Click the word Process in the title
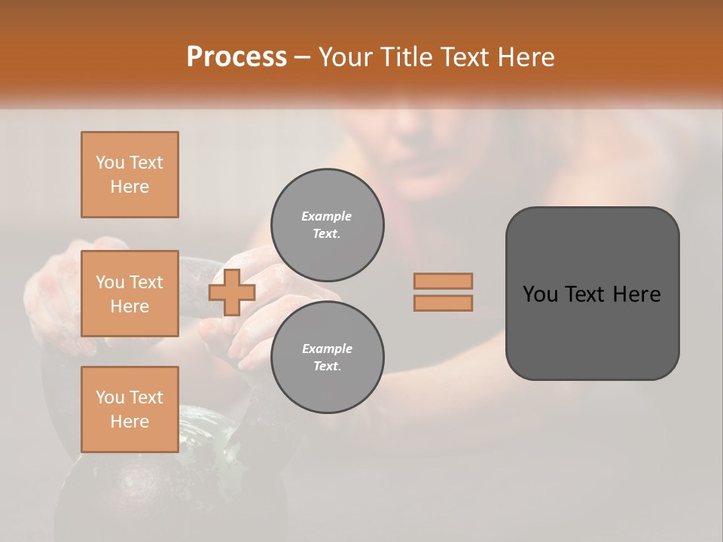tap(236, 57)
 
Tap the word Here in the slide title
tap(524, 57)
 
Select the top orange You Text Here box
tap(130, 175)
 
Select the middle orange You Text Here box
tap(130, 294)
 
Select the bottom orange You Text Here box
tap(130, 410)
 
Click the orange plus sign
tap(232, 292)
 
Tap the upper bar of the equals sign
tap(444, 281)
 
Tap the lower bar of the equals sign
tap(444, 303)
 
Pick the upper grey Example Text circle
tap(327, 225)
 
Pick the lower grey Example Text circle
tap(327, 357)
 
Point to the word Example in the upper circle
tap(326, 217)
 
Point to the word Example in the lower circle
tap(326, 349)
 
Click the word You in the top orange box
tap(110, 163)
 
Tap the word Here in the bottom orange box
tap(130, 422)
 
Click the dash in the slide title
tap(303, 57)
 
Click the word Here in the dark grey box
tap(638, 294)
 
